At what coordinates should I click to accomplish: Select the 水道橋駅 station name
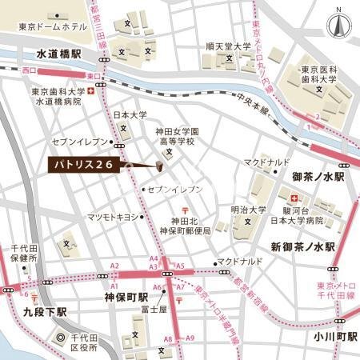click(60, 54)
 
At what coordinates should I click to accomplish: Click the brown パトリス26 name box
click(82, 165)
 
